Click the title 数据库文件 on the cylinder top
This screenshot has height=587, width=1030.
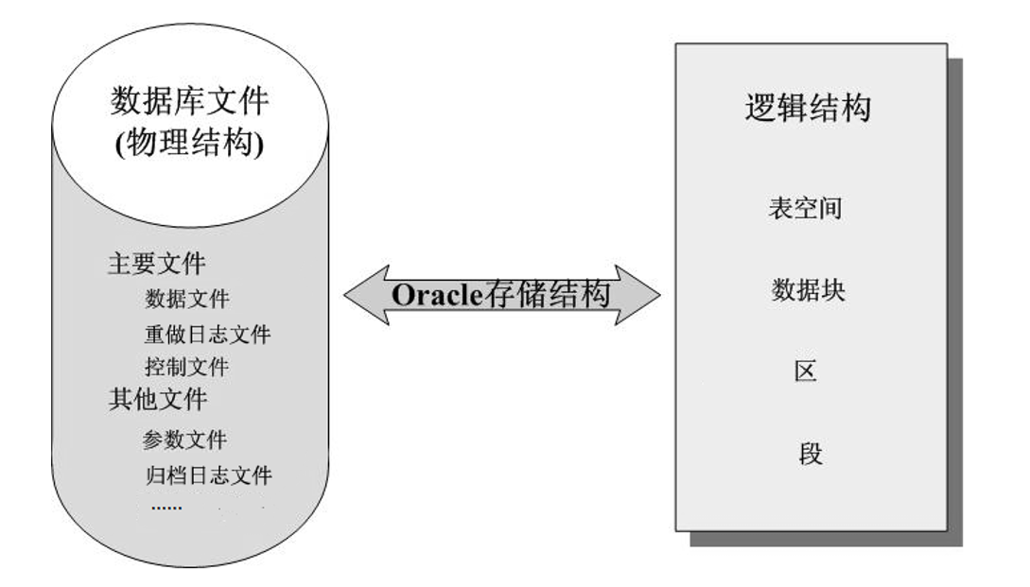(189, 99)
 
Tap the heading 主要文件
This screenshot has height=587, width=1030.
(156, 264)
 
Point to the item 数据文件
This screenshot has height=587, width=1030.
(186, 299)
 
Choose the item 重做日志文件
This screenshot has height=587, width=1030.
(207, 334)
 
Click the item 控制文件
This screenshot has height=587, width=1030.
(186, 366)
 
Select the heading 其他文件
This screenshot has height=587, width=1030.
(157, 399)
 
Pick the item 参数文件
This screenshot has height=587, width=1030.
(185, 440)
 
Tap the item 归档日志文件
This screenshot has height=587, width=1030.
(209, 475)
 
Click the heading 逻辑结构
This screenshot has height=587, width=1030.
(807, 108)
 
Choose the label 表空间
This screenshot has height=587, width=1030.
(805, 208)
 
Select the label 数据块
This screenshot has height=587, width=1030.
(808, 290)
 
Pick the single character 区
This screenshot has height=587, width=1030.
(806, 371)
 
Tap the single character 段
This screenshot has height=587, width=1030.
(810, 454)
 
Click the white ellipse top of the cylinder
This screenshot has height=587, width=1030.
(189, 57)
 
